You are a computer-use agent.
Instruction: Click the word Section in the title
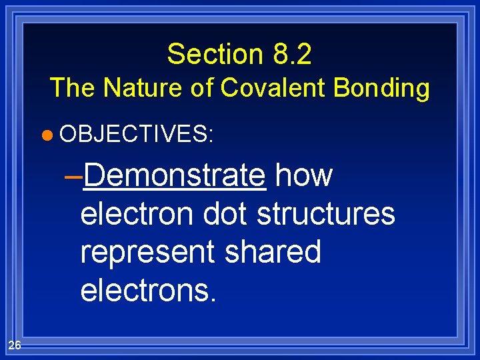click(x=214, y=54)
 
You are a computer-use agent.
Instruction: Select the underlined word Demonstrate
click(x=175, y=175)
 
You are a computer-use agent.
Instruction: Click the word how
click(x=303, y=175)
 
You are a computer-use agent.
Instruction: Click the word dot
click(x=226, y=214)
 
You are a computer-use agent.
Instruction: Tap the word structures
click(x=326, y=214)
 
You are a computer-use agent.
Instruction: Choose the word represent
click(x=147, y=253)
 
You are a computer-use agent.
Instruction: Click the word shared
click(x=273, y=251)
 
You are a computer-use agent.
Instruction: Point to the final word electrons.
click(x=148, y=290)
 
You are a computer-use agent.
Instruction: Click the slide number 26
click(x=15, y=345)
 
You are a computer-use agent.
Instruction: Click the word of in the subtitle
click(x=200, y=87)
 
